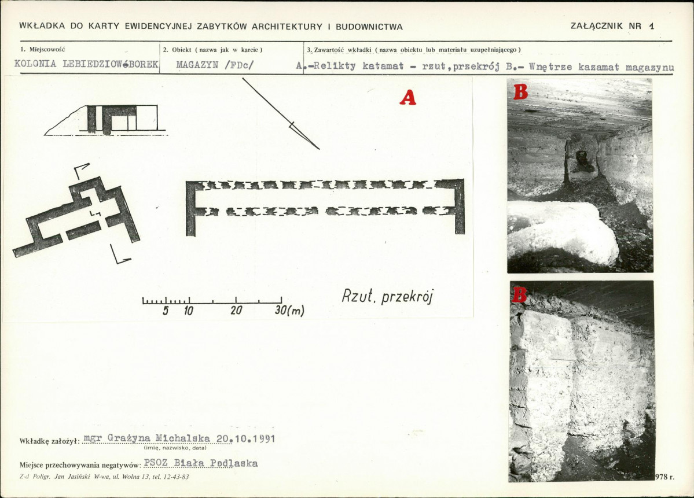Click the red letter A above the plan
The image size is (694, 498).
click(407, 97)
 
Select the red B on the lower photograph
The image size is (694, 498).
click(519, 294)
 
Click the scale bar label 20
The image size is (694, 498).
click(236, 310)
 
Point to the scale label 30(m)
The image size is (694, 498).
click(289, 310)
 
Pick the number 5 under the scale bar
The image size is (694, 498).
click(166, 311)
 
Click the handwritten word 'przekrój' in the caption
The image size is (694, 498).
click(406, 297)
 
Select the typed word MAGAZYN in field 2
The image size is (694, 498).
click(197, 65)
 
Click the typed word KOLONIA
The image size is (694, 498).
click(35, 64)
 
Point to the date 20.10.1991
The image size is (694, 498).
click(245, 438)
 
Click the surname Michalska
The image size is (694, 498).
click(183, 438)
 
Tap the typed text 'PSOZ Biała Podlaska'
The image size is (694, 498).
click(201, 463)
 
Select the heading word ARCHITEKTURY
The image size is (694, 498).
click(287, 27)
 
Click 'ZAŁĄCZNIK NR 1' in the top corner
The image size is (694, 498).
click(612, 25)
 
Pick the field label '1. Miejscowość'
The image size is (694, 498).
click(43, 50)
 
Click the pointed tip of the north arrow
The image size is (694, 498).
click(319, 149)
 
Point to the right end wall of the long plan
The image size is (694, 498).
click(460, 206)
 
